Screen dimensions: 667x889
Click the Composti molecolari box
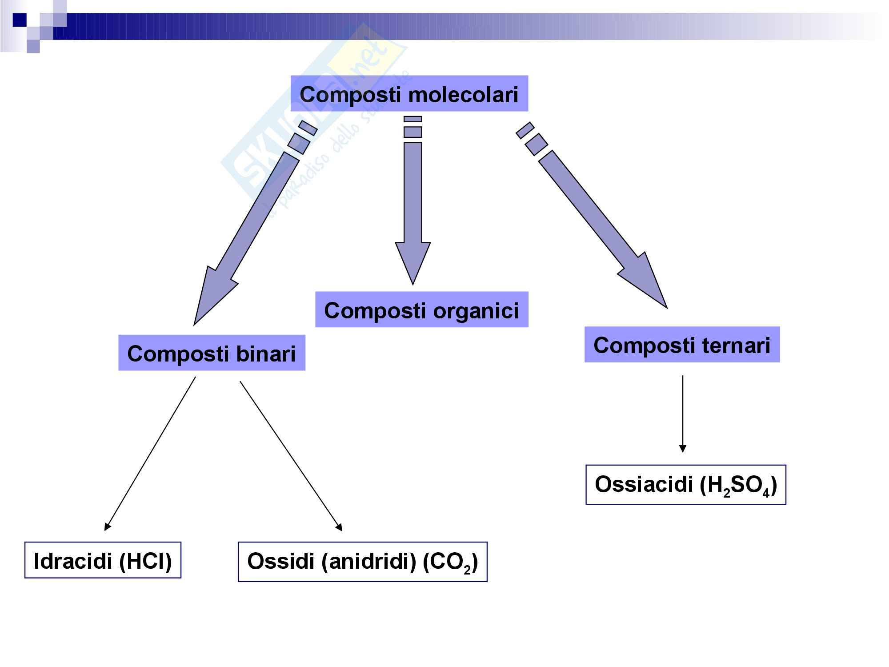tap(409, 93)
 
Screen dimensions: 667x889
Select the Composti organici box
tap(421, 310)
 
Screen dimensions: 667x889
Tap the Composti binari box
tap(212, 353)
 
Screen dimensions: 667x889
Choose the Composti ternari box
tap(682, 345)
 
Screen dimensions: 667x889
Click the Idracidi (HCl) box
tap(103, 560)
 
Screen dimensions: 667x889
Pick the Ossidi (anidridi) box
tap(363, 562)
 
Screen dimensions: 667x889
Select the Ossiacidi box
tap(686, 485)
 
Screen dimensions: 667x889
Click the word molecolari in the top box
tap(463, 94)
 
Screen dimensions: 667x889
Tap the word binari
tap(266, 354)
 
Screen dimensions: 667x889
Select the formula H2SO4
tap(738, 486)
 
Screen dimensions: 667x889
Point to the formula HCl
tap(145, 561)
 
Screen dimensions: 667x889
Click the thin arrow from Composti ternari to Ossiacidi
tap(683, 414)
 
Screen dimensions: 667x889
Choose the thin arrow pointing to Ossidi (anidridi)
tap(291, 456)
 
